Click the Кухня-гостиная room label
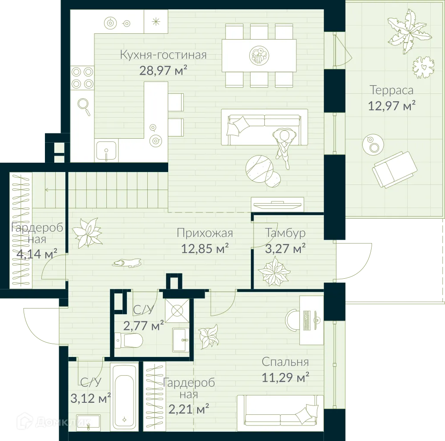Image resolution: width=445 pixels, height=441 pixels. (x=163, y=55)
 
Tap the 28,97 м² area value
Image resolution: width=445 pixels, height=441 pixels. (x=163, y=70)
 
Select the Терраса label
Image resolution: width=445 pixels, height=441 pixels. (x=392, y=90)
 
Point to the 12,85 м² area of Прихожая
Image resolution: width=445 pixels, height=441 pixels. (x=205, y=249)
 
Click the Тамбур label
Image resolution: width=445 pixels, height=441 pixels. (x=286, y=233)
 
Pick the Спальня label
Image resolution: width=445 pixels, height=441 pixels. (x=285, y=361)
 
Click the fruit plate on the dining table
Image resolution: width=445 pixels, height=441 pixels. (x=259, y=55)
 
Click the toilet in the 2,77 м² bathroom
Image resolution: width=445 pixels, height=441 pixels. (x=129, y=340)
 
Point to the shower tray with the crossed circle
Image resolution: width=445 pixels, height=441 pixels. (x=178, y=311)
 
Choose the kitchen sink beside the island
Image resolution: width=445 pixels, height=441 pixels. (x=106, y=151)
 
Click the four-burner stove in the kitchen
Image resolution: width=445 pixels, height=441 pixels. (x=82, y=78)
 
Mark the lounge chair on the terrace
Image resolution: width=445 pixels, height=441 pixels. (x=394, y=169)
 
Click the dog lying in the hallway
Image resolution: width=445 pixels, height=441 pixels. (x=126, y=263)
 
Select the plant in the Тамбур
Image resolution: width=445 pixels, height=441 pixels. (x=274, y=271)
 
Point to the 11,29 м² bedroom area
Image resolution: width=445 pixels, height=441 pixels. (x=285, y=377)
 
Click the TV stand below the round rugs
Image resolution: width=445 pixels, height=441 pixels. (x=278, y=204)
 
